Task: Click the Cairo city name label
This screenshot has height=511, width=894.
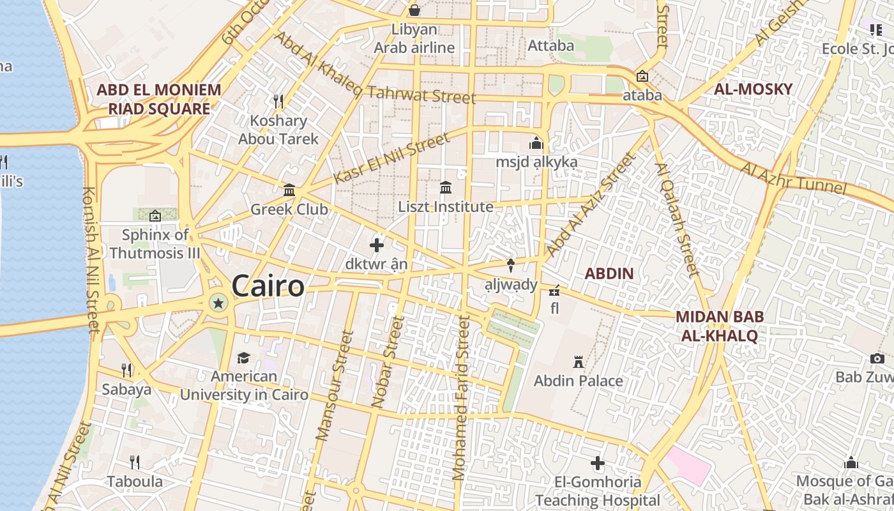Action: (268, 286)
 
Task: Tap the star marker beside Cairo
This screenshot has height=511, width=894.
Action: (218, 303)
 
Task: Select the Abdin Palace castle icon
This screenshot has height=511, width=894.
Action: (579, 362)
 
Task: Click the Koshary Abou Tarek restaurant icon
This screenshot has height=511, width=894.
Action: (278, 102)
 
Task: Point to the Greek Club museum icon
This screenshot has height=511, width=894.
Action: (289, 190)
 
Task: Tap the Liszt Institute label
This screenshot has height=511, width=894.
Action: (445, 207)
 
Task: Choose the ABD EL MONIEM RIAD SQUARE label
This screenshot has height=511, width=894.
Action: (158, 99)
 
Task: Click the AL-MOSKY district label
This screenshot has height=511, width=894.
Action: (753, 89)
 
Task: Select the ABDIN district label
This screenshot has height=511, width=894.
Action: (609, 274)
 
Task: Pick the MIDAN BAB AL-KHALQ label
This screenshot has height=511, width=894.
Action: (719, 326)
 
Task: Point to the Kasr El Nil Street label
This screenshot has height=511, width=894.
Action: (391, 158)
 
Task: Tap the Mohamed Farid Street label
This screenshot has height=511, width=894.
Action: (461, 397)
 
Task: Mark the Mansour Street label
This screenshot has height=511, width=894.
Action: (334, 385)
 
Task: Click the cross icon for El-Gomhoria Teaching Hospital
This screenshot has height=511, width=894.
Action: (598, 463)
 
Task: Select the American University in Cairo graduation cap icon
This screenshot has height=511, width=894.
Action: (243, 358)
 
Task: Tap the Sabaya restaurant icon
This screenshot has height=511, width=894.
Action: (126, 370)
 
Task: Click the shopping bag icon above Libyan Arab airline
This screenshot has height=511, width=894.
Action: (414, 10)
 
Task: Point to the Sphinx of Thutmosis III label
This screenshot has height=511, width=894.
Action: (155, 244)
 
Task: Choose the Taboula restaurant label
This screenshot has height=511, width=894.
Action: (135, 482)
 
